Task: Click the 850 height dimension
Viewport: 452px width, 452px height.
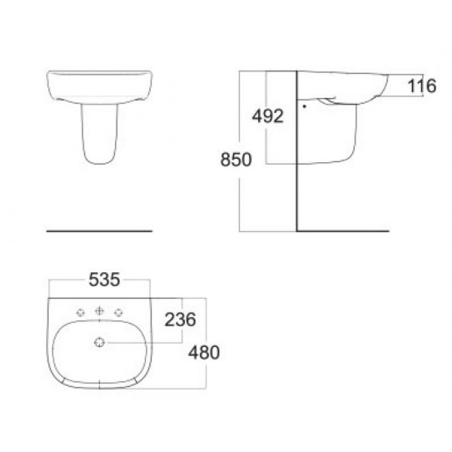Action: click(x=235, y=160)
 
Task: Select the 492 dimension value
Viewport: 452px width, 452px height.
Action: click(x=268, y=115)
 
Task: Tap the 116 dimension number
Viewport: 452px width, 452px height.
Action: click(x=422, y=86)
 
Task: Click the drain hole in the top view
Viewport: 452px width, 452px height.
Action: click(x=99, y=343)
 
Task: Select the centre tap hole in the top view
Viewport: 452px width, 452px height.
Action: click(x=99, y=312)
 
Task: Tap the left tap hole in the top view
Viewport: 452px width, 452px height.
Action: click(x=80, y=313)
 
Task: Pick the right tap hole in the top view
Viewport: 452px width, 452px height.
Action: click(x=118, y=313)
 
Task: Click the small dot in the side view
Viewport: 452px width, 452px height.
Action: click(x=304, y=105)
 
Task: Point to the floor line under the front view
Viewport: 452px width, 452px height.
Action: click(x=99, y=231)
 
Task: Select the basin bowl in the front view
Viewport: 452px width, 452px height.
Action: click(x=99, y=86)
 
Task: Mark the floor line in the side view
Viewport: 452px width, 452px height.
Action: click(x=342, y=231)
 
